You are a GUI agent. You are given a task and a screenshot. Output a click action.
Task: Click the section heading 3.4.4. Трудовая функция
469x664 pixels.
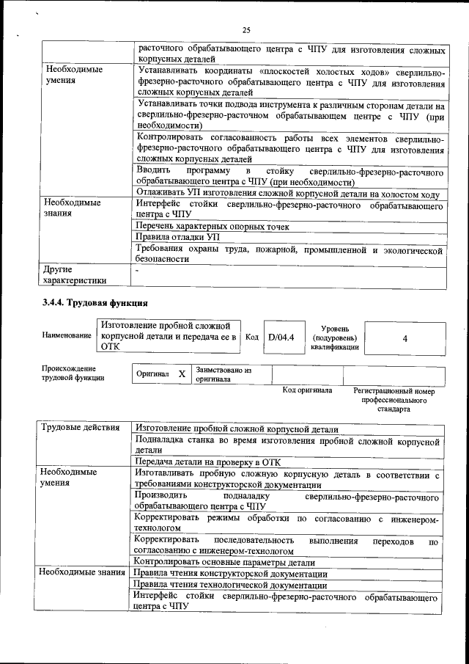click(x=95, y=303)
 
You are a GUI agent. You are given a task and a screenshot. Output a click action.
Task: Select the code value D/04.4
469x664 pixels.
click(x=281, y=338)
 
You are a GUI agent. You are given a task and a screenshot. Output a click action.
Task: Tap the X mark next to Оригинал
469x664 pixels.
click(x=182, y=373)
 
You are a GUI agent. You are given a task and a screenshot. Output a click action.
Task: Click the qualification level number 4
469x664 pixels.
click(x=405, y=338)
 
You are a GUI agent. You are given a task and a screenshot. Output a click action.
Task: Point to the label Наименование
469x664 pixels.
click(x=67, y=335)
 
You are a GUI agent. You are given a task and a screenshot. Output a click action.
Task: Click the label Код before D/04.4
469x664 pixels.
click(x=251, y=338)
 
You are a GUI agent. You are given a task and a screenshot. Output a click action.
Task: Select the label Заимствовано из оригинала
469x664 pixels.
click(x=223, y=374)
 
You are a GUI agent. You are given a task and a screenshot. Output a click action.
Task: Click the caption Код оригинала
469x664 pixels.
click(x=307, y=390)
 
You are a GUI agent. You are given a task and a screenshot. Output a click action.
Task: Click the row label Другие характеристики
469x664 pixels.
click(x=74, y=274)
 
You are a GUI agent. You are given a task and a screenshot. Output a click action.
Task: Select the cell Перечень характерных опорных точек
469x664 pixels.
click(x=213, y=227)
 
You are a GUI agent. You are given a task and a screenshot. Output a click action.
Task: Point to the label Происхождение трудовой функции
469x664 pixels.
click(x=73, y=373)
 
